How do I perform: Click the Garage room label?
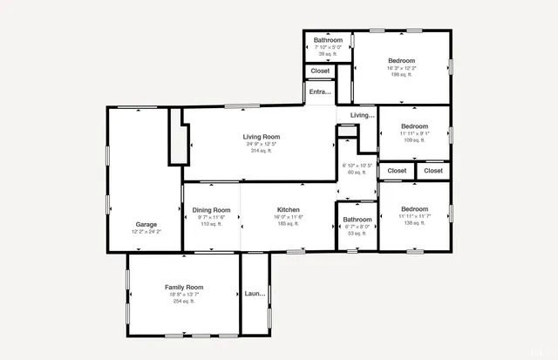[146, 225]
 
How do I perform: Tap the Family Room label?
[184, 288]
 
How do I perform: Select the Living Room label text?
[261, 137]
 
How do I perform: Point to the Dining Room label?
[211, 210]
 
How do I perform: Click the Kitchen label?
[289, 210]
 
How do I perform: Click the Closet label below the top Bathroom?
[320, 71]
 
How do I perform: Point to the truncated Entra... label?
[320, 92]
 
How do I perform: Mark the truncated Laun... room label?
[255, 294]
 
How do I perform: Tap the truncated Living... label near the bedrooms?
[362, 115]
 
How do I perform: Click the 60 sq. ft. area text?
[357, 173]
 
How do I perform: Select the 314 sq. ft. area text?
[261, 151]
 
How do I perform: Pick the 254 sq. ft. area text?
[184, 302]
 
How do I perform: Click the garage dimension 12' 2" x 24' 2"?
[146, 232]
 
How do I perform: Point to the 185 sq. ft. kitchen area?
[289, 224]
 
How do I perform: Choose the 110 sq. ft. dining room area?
[211, 224]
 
